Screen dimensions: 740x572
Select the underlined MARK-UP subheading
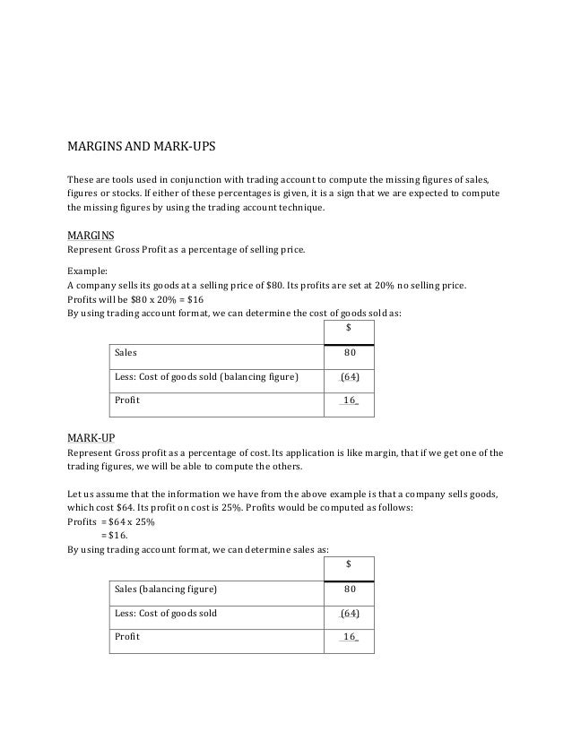point(91,438)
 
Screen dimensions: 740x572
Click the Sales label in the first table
point(126,353)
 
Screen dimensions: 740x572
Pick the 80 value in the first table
point(350,353)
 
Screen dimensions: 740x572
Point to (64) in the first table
point(350,376)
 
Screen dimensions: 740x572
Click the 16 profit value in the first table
point(350,400)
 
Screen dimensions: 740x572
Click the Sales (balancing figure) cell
point(166,589)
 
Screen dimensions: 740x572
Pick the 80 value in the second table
point(350,589)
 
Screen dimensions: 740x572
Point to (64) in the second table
point(350,614)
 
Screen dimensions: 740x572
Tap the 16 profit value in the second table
point(350,638)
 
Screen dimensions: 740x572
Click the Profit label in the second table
point(127,638)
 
